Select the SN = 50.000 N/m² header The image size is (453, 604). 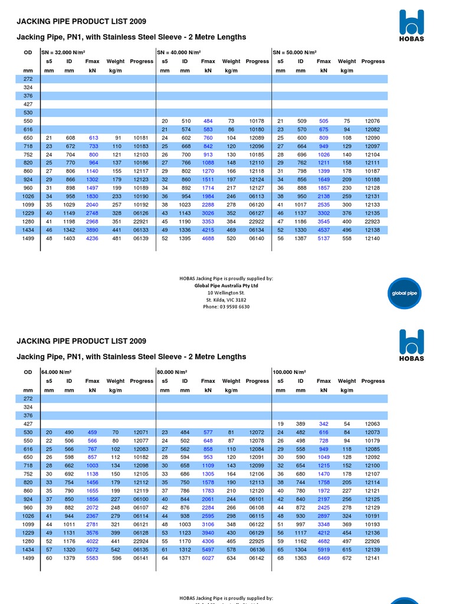pos(295,52)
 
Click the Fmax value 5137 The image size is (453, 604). pos(324,238)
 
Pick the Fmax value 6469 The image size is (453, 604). pos(324,558)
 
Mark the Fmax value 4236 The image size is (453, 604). pos(92,238)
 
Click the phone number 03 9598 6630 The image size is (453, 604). pos(226,307)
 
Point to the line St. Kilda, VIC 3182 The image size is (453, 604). pos(226,300)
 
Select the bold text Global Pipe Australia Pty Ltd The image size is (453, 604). pos(226,285)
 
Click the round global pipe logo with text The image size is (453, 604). pos(405,293)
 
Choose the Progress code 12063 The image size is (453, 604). pos(373,424)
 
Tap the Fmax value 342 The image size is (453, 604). pos(324,424)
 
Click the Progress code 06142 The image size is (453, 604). pos(257,558)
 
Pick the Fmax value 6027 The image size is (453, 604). pos(208,558)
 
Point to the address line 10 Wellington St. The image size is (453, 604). pos(226,293)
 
